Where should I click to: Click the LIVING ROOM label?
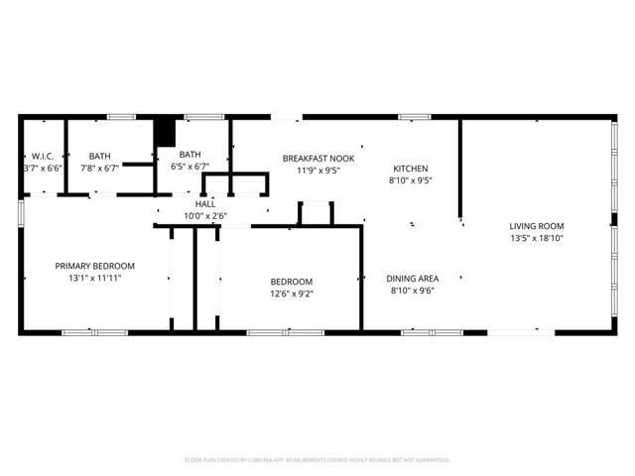coord(536,226)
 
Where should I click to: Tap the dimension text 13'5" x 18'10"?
coord(536,239)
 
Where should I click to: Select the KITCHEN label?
coord(411,169)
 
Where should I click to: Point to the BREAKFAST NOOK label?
coord(317,159)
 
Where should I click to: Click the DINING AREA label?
coord(413,279)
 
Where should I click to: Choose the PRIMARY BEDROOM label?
coord(94,266)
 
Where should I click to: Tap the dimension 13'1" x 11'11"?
coord(94,279)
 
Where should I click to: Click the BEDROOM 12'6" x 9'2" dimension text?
coord(292,294)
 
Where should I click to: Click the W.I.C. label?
coord(42,156)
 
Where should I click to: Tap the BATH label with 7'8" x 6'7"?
coord(100,156)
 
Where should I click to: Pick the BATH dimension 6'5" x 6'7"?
coord(190,167)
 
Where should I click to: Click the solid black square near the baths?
coord(164,133)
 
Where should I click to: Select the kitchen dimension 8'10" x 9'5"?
coord(411,181)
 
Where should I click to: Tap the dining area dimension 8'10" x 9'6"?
coord(413,291)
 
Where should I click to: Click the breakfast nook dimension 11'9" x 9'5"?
coord(317,171)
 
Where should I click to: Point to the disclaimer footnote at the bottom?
coord(317,460)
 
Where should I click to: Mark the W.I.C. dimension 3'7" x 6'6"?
coord(43,169)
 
